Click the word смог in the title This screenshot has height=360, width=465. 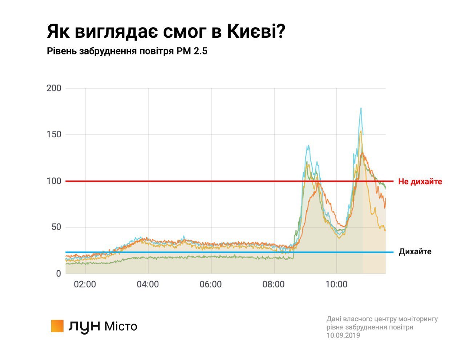click(x=185, y=32)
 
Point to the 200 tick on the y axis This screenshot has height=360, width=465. click(x=54, y=88)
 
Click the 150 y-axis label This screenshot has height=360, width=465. click(x=54, y=135)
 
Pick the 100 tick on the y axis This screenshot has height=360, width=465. click(x=54, y=181)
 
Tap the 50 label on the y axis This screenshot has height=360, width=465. click(x=56, y=227)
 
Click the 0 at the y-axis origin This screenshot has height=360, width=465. click(x=58, y=274)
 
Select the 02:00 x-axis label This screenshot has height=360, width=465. click(x=85, y=284)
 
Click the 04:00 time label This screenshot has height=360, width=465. click(x=147, y=284)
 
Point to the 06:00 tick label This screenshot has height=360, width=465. click(x=210, y=284)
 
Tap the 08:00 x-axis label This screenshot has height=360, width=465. click(x=273, y=284)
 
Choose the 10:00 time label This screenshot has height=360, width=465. click(x=336, y=284)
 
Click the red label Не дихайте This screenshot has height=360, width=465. click(x=420, y=182)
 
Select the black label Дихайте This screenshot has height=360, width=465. click(x=415, y=252)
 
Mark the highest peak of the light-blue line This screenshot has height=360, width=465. click(x=361, y=108)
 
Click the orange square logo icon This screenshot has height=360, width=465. click(x=57, y=326)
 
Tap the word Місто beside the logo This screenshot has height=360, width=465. click(x=121, y=326)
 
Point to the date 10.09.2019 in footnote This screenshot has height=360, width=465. click(x=343, y=335)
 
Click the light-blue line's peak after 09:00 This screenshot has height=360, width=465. click(x=308, y=146)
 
